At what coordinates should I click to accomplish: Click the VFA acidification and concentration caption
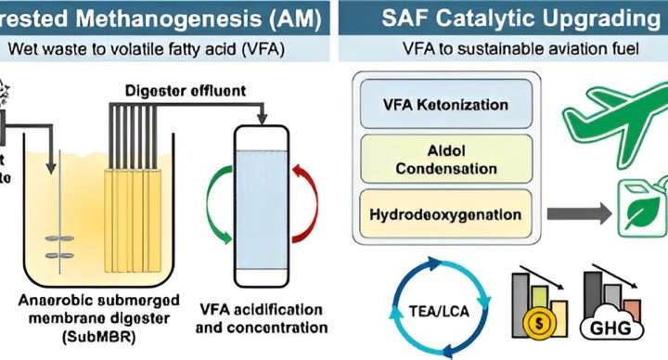(263, 318)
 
